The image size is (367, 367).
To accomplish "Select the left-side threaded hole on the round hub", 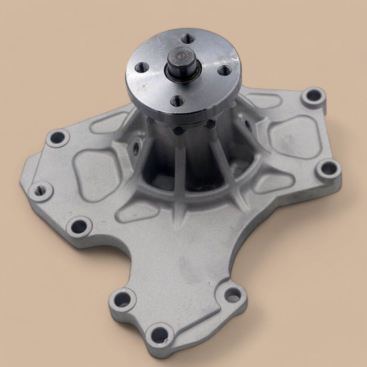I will point(142,67).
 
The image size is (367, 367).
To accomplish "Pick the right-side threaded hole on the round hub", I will point(224,69).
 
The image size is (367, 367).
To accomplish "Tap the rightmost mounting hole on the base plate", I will point(329,168).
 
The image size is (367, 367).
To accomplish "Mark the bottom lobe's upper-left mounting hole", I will point(123,299).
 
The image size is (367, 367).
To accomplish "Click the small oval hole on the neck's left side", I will point(135,149).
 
